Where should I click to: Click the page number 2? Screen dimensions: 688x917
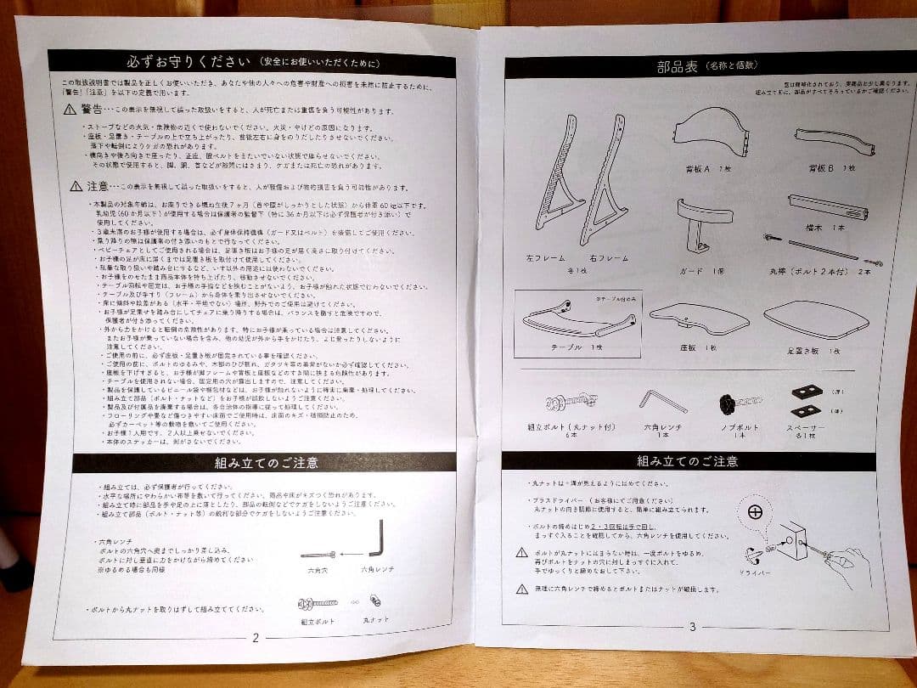pyautogui.click(x=256, y=636)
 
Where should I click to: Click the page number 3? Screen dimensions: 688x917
pyautogui.click(x=692, y=627)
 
